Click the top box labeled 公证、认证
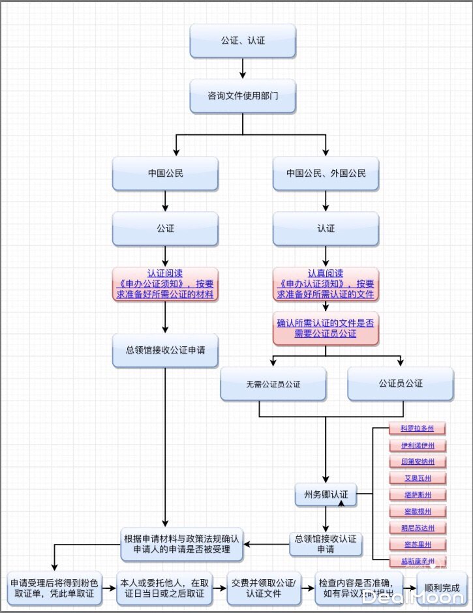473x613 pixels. coord(243,40)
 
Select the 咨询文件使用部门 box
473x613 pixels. coord(243,96)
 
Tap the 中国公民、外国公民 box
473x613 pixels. coord(326,173)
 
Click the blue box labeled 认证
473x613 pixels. coord(326,229)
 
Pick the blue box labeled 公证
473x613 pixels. coord(165,229)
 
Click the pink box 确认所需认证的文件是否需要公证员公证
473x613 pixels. coord(326,328)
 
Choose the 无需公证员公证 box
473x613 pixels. coord(273,383)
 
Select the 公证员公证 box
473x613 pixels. coord(401,383)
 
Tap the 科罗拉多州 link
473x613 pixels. coord(418,428)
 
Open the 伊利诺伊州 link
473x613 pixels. coord(418,445)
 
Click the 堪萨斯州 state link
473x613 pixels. coord(418,495)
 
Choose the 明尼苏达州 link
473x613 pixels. coord(418,528)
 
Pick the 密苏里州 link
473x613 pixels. coord(418,544)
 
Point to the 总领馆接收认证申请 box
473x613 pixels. coord(326,544)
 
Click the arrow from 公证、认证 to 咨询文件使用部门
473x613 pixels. coord(243,68)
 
